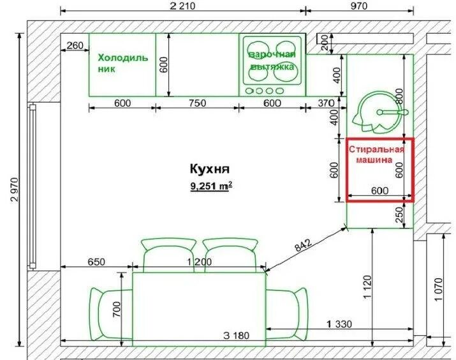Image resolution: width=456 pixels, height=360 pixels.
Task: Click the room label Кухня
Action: pos(210,169)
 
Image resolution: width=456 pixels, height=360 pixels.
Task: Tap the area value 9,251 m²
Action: pos(211,186)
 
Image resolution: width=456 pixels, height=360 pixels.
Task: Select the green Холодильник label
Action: pos(122,63)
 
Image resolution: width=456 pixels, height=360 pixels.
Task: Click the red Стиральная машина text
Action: pos(377,154)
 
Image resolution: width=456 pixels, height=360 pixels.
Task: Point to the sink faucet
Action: pos(392,112)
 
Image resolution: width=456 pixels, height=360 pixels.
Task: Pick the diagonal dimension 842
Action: pos(304,245)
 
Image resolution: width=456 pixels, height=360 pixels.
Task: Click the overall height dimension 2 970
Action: pos(14,189)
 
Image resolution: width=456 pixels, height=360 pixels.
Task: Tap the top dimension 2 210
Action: pos(182,6)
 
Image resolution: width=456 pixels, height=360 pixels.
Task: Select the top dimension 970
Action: pos(359,6)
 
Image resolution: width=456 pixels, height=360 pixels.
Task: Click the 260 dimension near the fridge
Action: pos(75,46)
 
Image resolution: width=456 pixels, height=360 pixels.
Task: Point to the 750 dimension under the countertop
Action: pos(197,103)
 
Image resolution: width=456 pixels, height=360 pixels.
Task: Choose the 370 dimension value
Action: pos(327,103)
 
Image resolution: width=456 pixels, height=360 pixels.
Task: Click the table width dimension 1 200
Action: pos(199,262)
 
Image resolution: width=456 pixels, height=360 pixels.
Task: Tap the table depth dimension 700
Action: pos(116,309)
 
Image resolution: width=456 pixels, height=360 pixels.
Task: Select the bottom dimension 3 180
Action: pos(236,336)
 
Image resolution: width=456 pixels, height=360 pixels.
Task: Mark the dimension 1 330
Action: pos(339,324)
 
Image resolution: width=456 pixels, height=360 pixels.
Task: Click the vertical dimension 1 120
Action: pos(367,287)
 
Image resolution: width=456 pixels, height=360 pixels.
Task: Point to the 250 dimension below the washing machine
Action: pos(400,214)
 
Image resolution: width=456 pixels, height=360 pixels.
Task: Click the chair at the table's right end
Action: pos(287,314)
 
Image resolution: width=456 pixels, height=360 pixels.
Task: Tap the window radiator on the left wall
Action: pos(33,186)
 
